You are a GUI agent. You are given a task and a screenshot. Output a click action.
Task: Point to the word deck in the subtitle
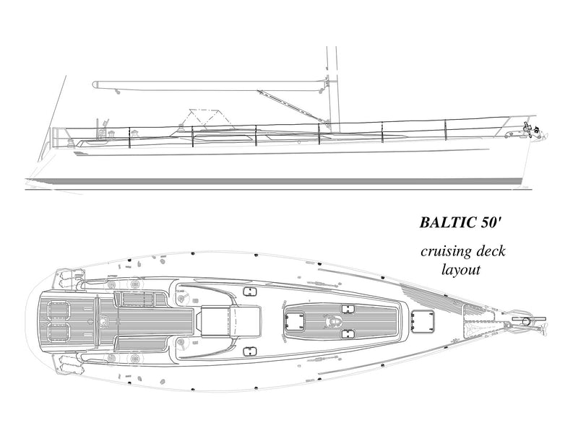[x=491, y=251]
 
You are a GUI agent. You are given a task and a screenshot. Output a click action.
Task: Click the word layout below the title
[x=461, y=269]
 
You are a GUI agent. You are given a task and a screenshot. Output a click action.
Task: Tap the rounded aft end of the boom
[x=96, y=84]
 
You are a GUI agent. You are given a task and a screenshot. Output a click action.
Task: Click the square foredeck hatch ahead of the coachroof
[x=423, y=320]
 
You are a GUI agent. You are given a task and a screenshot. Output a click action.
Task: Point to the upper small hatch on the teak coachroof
[x=348, y=310]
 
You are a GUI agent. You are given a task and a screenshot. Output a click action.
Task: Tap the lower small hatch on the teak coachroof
[x=348, y=334]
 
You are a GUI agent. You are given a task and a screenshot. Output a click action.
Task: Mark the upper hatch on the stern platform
[x=58, y=312]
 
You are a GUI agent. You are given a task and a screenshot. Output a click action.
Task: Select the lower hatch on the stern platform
[x=58, y=332]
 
